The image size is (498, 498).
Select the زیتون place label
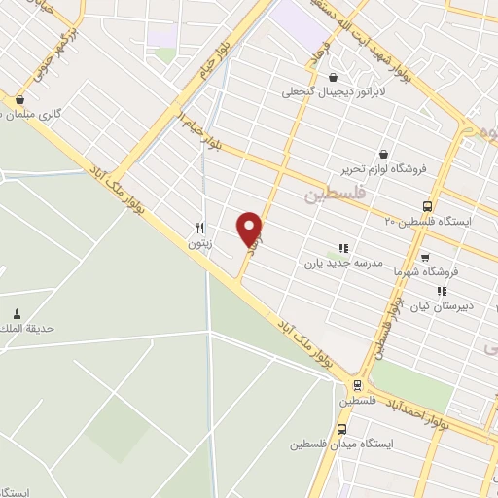(x=199, y=243)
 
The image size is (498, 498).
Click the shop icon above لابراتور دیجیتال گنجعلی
(x=334, y=78)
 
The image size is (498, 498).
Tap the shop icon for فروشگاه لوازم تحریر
(x=383, y=154)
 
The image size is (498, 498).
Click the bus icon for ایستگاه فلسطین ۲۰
(x=427, y=206)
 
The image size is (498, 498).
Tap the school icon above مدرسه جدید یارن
(x=341, y=247)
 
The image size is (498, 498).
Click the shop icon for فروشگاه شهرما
(x=424, y=258)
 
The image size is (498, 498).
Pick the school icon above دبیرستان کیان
(x=442, y=290)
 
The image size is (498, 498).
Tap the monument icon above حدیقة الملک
(x=18, y=313)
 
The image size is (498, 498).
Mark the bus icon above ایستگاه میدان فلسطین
(x=341, y=429)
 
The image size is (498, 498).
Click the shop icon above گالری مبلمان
(x=19, y=98)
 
